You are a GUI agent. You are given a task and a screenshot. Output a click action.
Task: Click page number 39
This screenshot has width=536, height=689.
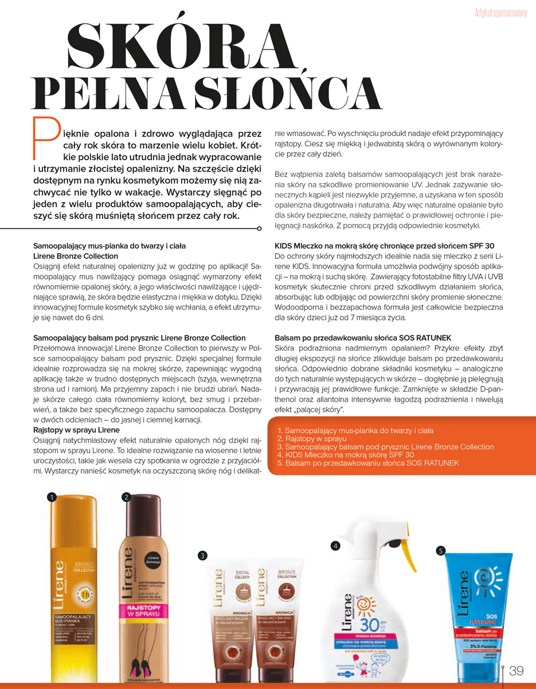517,671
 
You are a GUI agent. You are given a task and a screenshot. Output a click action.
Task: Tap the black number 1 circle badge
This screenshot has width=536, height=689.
52,497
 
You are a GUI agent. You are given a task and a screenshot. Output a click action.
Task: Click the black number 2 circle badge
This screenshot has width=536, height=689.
127,497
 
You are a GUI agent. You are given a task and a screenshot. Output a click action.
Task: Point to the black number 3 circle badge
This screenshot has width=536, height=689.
202,555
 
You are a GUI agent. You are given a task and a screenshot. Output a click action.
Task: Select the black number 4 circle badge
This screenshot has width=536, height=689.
335,545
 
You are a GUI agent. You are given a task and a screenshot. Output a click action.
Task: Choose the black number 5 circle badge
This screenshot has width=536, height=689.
440,551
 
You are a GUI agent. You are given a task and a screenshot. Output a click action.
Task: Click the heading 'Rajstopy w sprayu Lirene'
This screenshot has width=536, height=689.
76,430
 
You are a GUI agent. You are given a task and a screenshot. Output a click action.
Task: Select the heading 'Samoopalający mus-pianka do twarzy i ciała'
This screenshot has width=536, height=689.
109,246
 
